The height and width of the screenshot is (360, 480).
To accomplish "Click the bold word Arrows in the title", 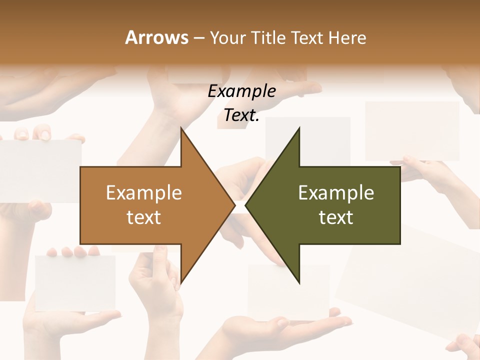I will (156, 37).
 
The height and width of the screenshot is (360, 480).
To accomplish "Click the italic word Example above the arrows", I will (241, 91).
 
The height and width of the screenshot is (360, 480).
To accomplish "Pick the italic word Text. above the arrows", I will (241, 115).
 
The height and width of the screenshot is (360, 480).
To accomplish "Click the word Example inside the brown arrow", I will (143, 192).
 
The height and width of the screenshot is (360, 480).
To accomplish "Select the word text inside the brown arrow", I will (143, 217).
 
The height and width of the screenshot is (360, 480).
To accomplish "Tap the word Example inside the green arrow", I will (336, 192).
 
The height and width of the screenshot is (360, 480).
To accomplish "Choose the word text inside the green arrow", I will (336, 217).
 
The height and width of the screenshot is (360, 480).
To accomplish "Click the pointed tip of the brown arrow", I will (235, 205).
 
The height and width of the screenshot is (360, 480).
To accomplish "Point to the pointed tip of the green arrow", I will (245, 205).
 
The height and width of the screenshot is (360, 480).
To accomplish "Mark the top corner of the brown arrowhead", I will (181, 127).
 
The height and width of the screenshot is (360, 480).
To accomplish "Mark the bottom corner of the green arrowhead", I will (299, 283).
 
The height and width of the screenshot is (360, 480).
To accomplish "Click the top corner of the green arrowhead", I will (299, 127).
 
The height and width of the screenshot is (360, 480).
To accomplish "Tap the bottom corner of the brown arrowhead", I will (181, 283).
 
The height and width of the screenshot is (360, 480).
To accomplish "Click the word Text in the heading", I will (307, 37).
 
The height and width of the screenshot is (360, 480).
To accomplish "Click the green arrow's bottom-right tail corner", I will (400, 243).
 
